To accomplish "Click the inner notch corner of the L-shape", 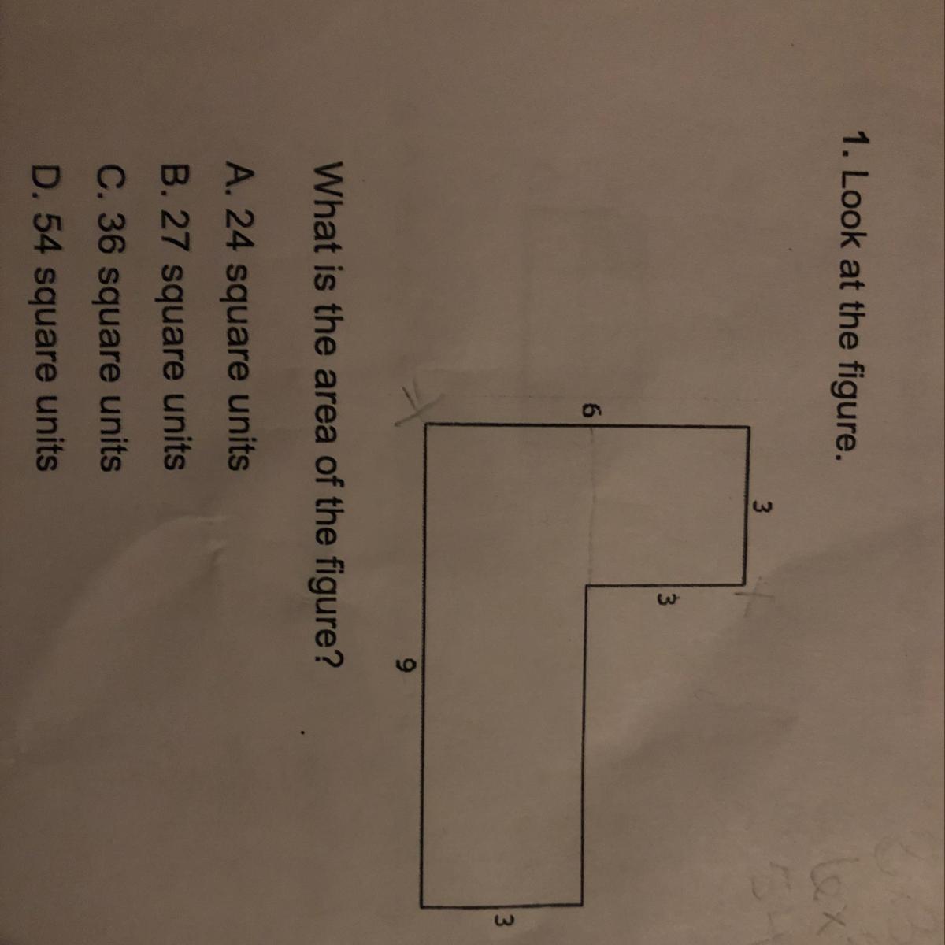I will (x=584, y=585).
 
